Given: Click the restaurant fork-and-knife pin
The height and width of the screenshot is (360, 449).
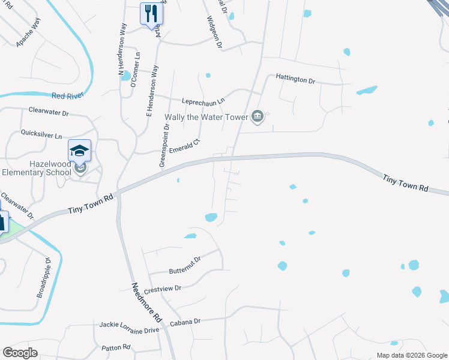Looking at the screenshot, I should [x=149, y=14].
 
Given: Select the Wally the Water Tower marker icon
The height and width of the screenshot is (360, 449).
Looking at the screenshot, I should [x=258, y=117].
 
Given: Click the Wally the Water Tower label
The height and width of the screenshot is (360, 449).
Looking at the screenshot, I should [x=206, y=117].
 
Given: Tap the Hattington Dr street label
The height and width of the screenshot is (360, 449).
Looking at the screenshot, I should [x=295, y=79].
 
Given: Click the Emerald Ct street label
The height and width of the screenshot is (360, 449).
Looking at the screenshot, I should [x=184, y=146].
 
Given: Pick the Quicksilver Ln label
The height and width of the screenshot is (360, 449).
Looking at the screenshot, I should [x=41, y=134].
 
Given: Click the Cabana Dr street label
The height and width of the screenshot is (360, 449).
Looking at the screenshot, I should [x=184, y=322].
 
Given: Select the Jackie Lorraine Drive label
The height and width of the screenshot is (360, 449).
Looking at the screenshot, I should [x=130, y=330].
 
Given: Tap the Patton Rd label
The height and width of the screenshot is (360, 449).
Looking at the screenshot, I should [x=116, y=347].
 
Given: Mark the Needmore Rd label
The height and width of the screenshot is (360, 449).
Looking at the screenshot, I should [x=147, y=301].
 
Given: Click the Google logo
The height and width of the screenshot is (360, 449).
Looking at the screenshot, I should [x=20, y=353].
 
